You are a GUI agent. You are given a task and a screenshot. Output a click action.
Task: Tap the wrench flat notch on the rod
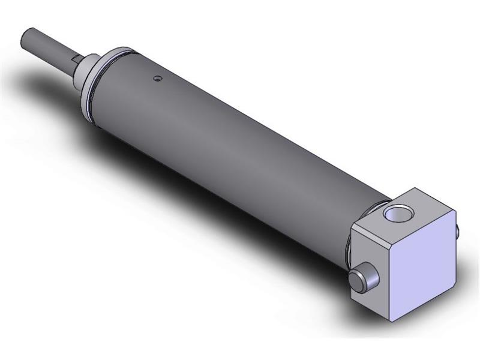[x=76, y=58]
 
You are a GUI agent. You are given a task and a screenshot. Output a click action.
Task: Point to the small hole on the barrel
[x=157, y=78]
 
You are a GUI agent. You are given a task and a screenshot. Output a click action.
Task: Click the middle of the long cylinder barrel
[x=240, y=144]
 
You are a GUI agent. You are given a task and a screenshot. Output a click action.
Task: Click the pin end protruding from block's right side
[x=458, y=230]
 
